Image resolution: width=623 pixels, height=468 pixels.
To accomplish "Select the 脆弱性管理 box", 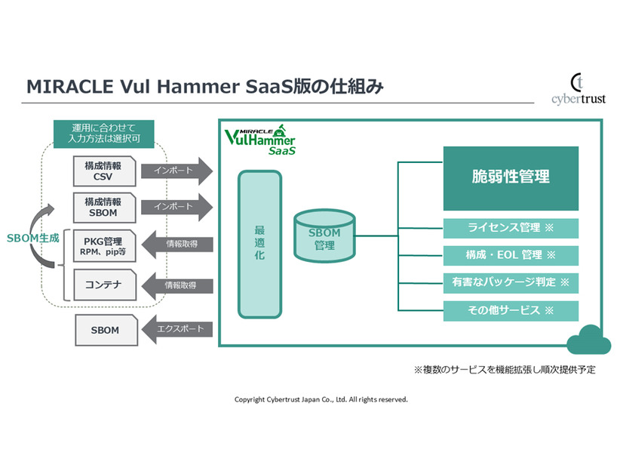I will point(511,178).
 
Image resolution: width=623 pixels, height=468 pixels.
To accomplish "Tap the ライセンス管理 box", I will point(511,228).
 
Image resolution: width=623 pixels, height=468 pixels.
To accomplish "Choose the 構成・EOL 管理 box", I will point(511,255).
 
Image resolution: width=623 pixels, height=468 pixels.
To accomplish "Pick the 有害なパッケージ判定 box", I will point(511,282).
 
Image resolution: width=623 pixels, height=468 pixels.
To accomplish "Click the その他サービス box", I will point(511,310).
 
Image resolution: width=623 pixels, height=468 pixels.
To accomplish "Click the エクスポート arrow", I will point(177,330).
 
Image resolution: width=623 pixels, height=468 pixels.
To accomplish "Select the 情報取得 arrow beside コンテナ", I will point(177,286).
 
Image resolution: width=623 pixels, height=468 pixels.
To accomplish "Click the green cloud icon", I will point(589,343).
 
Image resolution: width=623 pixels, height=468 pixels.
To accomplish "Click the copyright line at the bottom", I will point(321,399).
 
